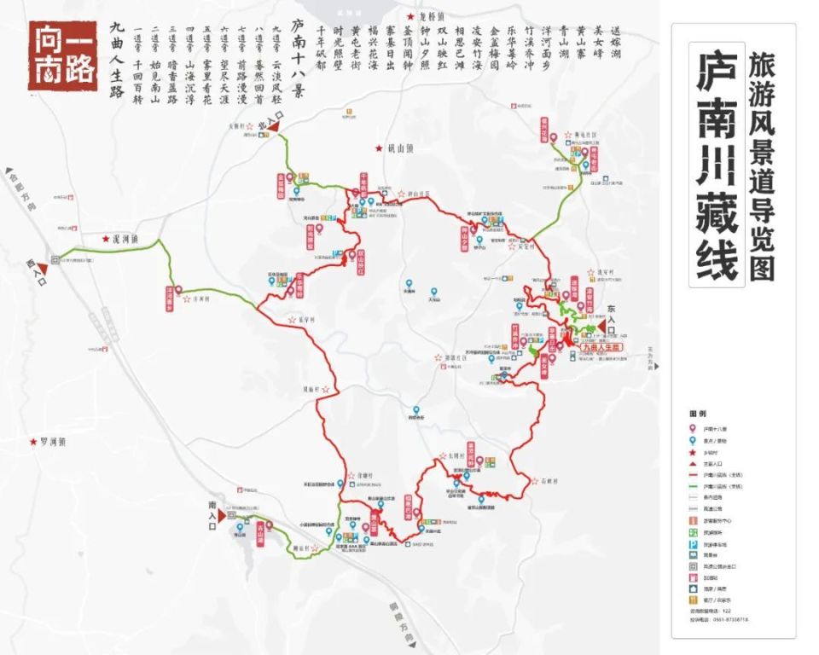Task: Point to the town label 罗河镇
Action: (53, 443)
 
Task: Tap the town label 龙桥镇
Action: (425, 17)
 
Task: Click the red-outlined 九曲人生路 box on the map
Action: (602, 348)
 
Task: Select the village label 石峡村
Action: (549, 481)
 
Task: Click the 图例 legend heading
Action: (697, 413)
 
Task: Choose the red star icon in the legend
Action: (694, 452)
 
